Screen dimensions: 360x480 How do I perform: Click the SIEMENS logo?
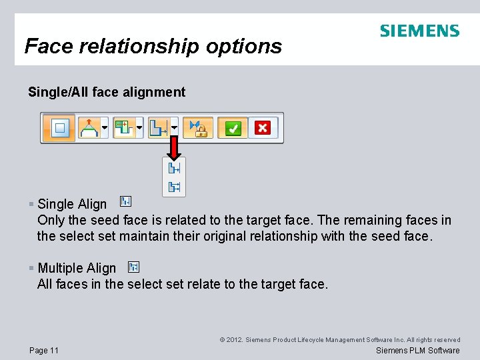point(419,31)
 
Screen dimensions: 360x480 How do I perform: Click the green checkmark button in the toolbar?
point(233,127)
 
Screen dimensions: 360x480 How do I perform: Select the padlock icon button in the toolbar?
point(198,127)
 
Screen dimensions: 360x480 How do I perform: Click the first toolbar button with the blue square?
point(60,127)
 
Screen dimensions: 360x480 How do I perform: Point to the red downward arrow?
point(174,147)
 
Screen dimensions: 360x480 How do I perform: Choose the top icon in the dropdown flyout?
point(174,169)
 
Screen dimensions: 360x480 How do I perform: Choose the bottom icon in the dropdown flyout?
point(174,187)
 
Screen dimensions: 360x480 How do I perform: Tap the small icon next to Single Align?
point(125,201)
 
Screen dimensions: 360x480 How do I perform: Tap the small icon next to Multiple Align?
point(133,267)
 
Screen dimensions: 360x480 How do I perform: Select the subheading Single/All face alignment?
point(107,92)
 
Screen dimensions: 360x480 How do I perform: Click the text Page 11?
point(44,351)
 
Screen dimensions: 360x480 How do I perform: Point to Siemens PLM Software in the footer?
point(417,351)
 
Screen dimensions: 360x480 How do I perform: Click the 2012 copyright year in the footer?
point(233,340)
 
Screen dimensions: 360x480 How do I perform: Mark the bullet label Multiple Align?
point(77,268)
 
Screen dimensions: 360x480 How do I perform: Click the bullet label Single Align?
point(72,204)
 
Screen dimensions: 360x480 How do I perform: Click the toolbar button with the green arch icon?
point(91,127)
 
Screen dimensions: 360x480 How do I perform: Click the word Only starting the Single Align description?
point(51,220)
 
